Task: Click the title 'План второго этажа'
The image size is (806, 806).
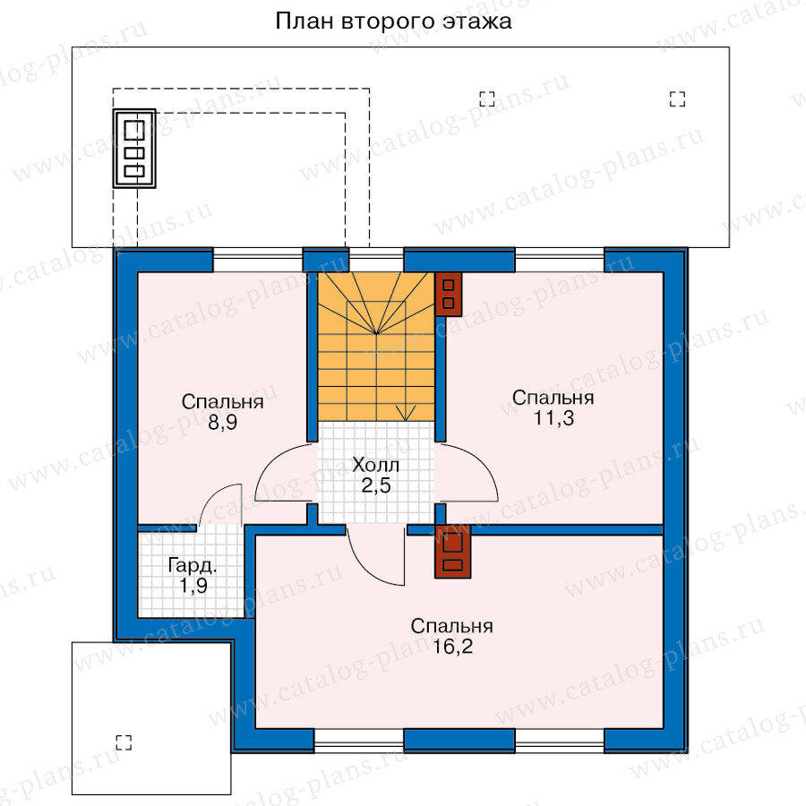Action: point(393,22)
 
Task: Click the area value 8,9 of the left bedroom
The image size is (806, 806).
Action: point(223,423)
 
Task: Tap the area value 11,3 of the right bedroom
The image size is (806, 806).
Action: point(553,418)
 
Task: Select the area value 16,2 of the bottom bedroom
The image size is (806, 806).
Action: point(452,647)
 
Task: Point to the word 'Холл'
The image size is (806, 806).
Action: point(376,465)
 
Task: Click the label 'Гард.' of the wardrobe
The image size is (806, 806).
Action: point(193,567)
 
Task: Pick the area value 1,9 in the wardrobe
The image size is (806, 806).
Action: point(193,586)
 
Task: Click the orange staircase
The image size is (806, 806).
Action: point(376,347)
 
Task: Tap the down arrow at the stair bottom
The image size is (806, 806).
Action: point(406,412)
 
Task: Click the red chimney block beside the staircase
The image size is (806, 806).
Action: point(449,294)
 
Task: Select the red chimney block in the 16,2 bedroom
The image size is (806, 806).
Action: point(452,551)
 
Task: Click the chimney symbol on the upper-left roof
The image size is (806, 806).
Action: point(134,149)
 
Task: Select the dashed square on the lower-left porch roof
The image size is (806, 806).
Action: point(124,742)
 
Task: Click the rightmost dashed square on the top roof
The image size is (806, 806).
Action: point(678,99)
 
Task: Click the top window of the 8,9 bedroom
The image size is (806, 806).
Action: point(258,260)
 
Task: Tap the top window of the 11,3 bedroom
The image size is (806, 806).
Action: point(560,260)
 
